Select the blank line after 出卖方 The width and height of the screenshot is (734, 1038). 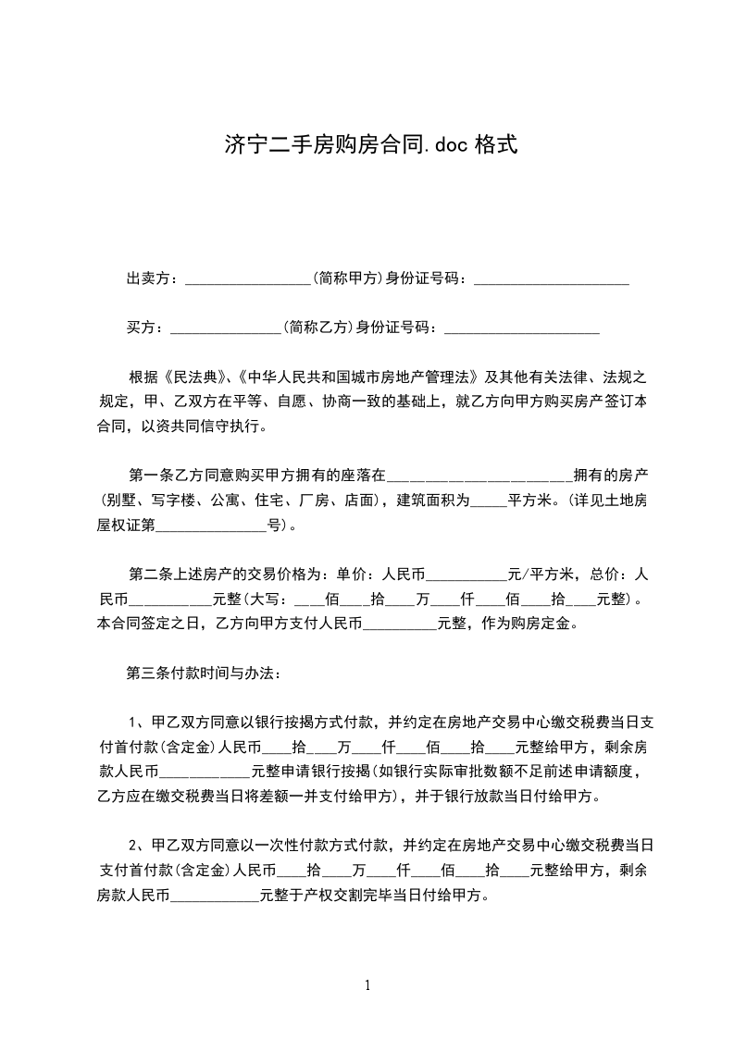tap(247, 279)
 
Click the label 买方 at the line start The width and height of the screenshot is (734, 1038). tap(142, 327)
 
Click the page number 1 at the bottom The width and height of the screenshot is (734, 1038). tap(367, 984)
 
